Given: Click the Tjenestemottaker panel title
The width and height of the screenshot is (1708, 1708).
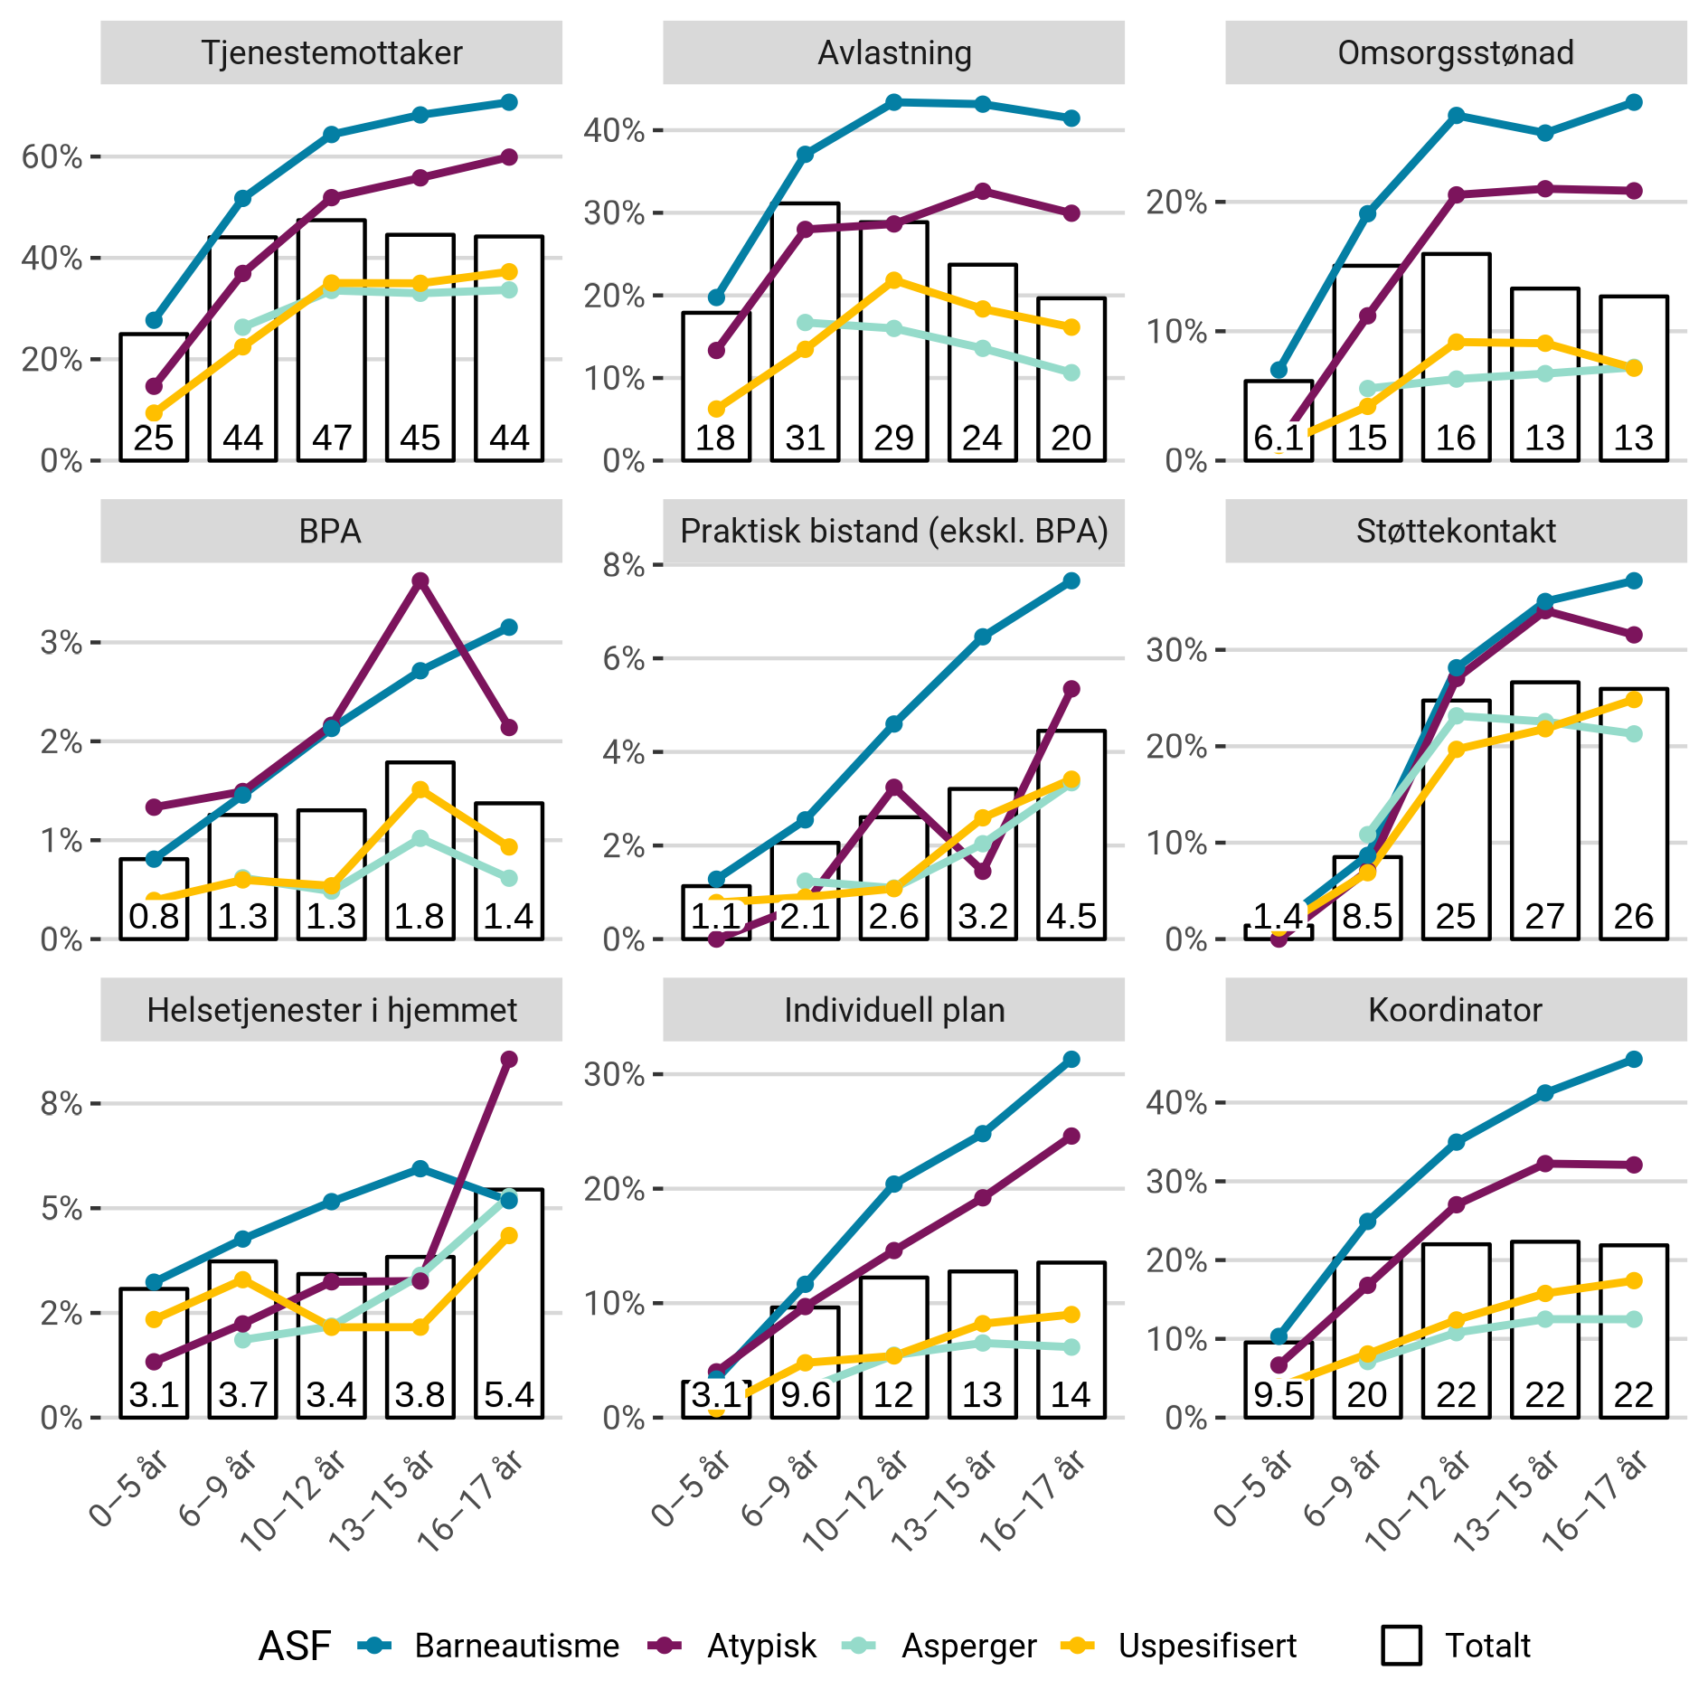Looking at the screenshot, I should (331, 53).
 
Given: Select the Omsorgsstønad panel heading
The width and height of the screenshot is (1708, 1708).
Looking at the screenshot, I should (1455, 53).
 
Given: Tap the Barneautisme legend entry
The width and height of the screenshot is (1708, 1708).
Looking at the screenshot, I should (516, 1646).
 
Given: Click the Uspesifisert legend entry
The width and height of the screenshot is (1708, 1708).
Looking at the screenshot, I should (1206, 1646).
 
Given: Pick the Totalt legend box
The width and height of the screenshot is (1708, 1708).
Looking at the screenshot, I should (1401, 1646).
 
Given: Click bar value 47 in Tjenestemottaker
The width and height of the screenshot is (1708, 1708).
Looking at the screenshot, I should (332, 439).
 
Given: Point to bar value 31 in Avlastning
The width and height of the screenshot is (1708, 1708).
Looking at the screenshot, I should (805, 439).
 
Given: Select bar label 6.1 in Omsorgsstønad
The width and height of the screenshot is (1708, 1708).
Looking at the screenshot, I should (1278, 439).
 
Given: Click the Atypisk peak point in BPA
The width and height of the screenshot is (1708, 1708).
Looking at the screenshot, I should (420, 580).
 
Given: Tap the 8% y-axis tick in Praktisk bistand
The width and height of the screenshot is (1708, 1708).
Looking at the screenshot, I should (624, 566).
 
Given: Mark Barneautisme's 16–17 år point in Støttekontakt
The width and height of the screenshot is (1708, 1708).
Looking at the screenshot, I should (1634, 580).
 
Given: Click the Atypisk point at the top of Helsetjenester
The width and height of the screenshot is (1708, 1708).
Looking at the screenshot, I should (509, 1059).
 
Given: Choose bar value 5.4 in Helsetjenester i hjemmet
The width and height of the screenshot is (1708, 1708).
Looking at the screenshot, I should (509, 1395).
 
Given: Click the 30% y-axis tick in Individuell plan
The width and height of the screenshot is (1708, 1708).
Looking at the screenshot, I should (615, 1074).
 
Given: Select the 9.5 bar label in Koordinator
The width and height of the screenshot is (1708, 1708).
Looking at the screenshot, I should (1278, 1395).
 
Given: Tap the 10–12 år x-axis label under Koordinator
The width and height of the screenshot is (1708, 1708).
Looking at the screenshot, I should (1420, 1501).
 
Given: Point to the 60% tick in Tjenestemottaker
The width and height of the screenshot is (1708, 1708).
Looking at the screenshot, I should (52, 157).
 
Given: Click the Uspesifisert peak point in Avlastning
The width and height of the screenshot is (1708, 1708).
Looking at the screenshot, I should (894, 280).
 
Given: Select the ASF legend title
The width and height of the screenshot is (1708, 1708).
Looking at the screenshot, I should (295, 1646).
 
